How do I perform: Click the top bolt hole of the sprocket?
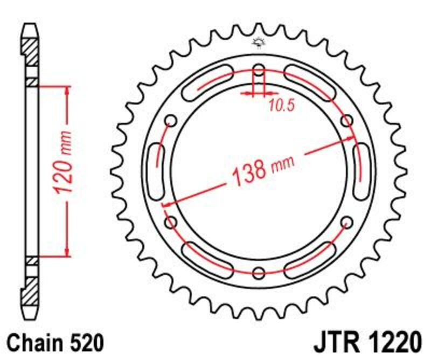point(259,71)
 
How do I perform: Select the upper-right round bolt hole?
point(346,120)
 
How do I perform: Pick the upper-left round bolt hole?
point(172,120)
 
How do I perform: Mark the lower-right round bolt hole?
point(346,221)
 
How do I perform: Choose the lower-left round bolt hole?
point(172,221)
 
